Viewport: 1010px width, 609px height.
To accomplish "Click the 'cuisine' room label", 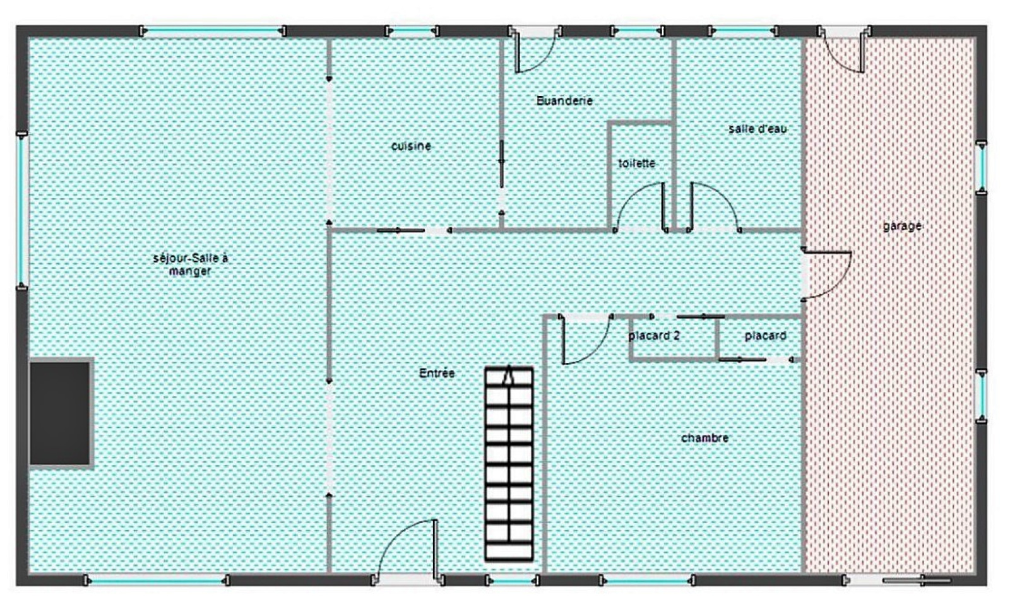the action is tap(411, 146).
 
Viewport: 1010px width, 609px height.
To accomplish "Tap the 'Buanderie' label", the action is tap(564, 100).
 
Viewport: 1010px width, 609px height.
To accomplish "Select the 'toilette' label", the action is tap(636, 163).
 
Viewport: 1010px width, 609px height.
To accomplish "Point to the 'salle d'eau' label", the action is tap(758, 129).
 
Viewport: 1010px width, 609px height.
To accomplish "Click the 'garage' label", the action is tap(902, 227).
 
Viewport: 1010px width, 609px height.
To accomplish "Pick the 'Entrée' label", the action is tap(437, 373).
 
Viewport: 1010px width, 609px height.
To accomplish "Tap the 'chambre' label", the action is tap(704, 438).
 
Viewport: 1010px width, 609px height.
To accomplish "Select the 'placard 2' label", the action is tap(654, 336).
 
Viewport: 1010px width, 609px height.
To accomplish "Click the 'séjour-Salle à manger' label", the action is tap(190, 264).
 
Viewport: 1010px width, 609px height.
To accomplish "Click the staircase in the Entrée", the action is tap(509, 464).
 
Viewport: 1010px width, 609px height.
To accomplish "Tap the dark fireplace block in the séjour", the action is tap(60, 413).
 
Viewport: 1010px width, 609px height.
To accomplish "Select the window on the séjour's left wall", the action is tap(21, 211).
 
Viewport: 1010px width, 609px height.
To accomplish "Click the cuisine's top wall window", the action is tap(411, 31).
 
